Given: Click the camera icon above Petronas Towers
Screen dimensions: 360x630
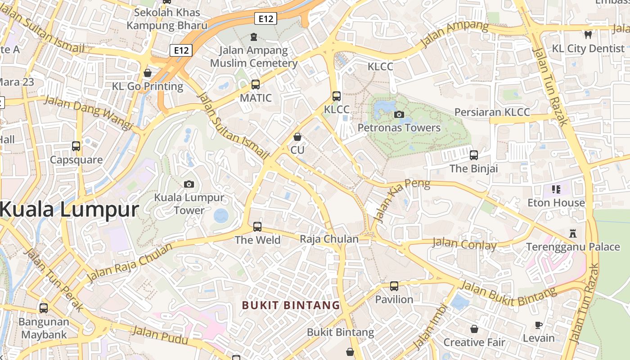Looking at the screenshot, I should pos(399,114).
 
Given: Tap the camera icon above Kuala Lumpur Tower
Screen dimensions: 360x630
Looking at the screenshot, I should pos(189,184).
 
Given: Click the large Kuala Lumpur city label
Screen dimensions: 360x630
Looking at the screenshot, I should pos(69,210).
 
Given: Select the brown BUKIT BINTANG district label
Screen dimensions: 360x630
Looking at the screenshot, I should pos(291,305).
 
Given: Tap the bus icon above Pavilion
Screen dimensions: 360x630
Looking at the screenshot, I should pos(394,286).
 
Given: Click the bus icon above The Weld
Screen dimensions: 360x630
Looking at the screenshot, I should pos(257,226).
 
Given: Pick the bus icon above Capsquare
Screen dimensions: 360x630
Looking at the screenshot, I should pos(76,146).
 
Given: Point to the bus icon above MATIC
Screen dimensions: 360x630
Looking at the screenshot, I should pos(256,84).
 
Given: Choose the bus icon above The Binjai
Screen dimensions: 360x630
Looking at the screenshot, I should pos(474,155).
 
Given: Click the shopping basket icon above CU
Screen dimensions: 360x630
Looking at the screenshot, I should pos(297,136).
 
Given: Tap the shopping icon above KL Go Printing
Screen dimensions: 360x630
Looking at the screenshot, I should pos(148,72).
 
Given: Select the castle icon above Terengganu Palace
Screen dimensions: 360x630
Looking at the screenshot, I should pos(573,233).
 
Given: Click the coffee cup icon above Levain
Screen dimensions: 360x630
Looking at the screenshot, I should pos(538,325).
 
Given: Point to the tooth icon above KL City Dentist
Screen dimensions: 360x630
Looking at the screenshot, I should pos(588,35).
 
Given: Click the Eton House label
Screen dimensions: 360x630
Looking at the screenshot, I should pos(556,202).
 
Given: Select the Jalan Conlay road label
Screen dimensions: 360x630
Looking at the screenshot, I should pos(464,244).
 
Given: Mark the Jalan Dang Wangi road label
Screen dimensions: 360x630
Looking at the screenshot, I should pos(88,112).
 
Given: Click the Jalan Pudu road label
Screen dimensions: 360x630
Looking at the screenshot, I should pos(160,335).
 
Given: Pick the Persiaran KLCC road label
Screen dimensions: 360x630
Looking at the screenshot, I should pos(492,112).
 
